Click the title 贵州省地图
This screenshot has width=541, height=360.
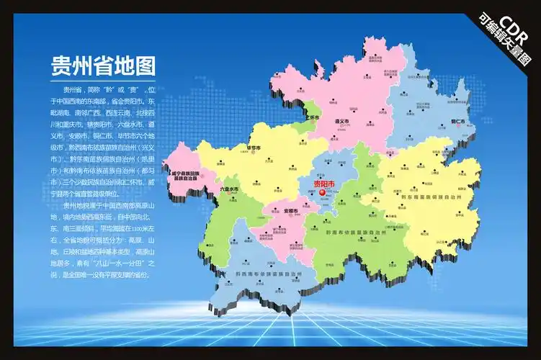(x=104, y=67)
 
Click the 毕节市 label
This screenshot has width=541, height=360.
(x=253, y=148)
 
